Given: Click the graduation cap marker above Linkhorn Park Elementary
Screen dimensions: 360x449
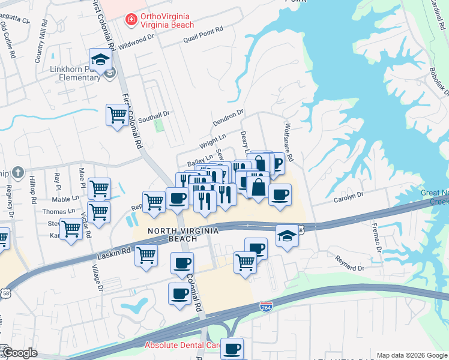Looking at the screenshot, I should click(101, 59).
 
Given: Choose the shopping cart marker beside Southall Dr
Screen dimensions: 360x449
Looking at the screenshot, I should click(117, 114).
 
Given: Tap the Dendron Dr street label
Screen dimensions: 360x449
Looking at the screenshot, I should click(228, 118).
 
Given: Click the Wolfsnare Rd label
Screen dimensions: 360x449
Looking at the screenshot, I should click(289, 142).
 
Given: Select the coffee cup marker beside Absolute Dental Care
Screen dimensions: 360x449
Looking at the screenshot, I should click(232, 348).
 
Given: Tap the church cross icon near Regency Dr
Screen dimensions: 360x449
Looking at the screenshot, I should click(17, 173).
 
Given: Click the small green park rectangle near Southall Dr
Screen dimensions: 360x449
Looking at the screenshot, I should click(159, 125).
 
